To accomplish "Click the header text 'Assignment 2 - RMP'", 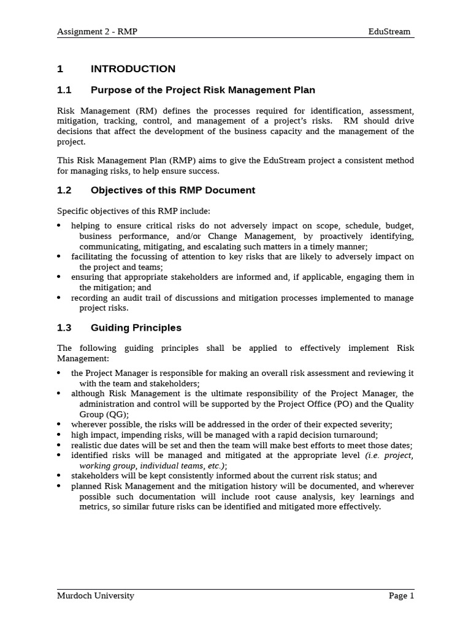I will coord(97,31).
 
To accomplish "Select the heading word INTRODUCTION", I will coord(133,69).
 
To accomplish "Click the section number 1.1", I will coord(64,90).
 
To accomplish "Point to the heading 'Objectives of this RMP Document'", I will coord(173,190).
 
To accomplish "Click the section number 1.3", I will coord(64,328).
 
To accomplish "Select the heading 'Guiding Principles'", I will coord(136,328).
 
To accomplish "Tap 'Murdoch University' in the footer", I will coord(95,595).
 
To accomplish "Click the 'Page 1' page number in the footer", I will coord(402,595).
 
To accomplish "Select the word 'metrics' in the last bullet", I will coord(94,506).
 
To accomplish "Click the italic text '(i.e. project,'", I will coord(389,456).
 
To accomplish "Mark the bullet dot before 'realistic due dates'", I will coord(59,445).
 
